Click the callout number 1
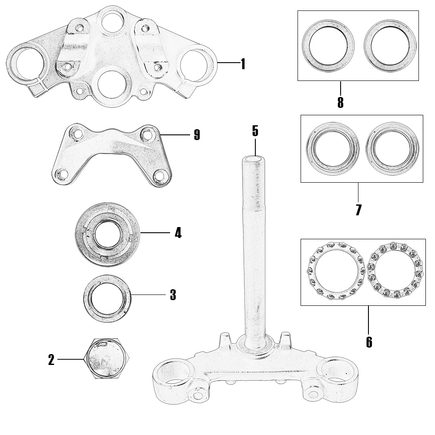pos(243,64)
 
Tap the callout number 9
pos(197,135)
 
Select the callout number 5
pos(255,130)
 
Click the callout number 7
pos(358,210)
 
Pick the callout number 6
pos(369,342)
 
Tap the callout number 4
pos(178,233)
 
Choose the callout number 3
pos(173,295)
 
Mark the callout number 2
pos(51,360)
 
